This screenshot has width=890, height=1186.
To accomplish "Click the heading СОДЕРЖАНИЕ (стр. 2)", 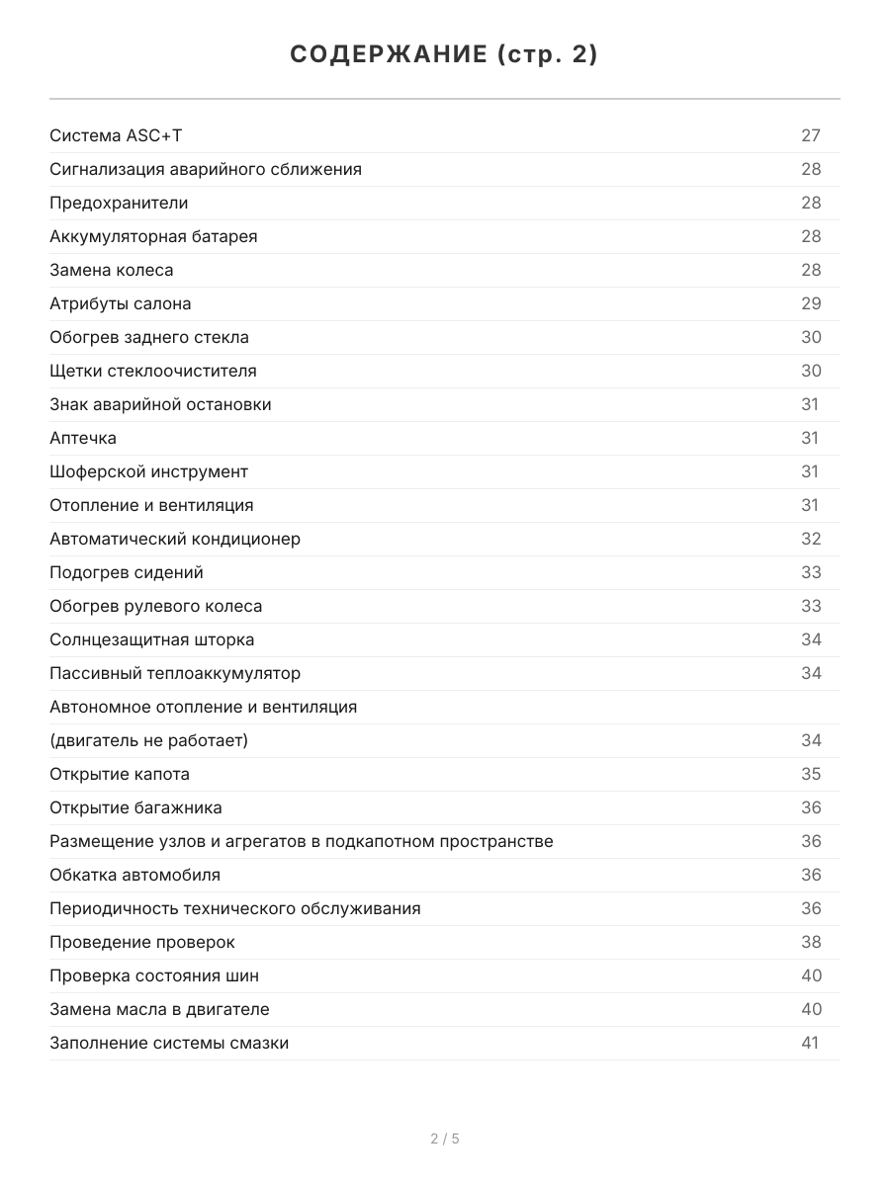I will pos(444,55).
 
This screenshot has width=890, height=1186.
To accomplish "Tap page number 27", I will pos(811,135).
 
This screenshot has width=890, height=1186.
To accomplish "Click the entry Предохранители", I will pos(119,203).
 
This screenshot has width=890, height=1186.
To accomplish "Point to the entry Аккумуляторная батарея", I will pos(153,236).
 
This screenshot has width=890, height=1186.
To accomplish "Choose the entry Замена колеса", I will pos(112,270).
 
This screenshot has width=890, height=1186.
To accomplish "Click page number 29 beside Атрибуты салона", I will pos(811,303).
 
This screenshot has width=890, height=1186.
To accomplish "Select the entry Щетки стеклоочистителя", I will pos(153,371).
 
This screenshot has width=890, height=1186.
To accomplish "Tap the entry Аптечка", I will pos(83,438).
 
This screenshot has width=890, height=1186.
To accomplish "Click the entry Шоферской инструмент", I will pos(149,471).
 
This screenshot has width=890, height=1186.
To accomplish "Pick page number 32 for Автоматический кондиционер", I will pos(811,539).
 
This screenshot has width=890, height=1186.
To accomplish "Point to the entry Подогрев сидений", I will pos(127,572).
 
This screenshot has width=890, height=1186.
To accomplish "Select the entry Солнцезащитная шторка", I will pos(152,639).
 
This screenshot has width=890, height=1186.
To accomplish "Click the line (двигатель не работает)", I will pos(149,740).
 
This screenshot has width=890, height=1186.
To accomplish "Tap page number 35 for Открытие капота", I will pos(811,774).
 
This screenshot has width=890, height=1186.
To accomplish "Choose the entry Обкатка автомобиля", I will pos(135,875).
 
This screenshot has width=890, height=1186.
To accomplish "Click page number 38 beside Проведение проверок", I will pos(811,942).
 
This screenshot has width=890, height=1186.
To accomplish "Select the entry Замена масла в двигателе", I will pos(159,1009).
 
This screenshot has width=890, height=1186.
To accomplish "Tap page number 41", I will pos(810,1043).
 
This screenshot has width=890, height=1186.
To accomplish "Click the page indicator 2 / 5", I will pos(445,1139).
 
